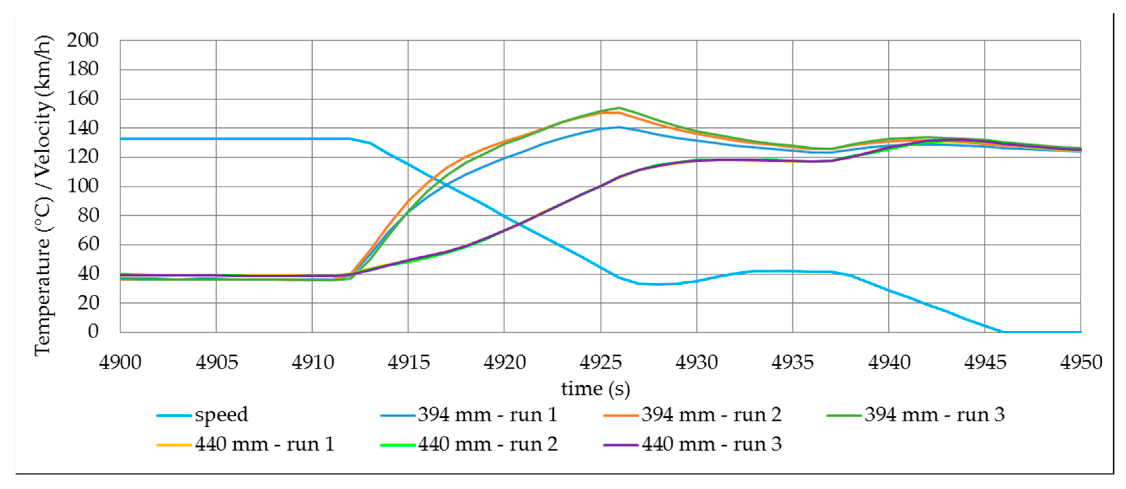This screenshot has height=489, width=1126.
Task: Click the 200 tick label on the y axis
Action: click(x=83, y=41)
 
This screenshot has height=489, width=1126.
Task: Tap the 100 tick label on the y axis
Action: click(x=83, y=186)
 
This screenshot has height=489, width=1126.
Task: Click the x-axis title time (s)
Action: click(x=595, y=389)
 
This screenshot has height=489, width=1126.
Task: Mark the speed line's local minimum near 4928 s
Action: click(x=658, y=284)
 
